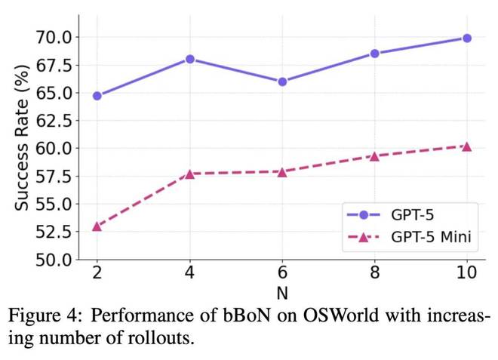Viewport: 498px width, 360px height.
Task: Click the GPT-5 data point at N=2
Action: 97,96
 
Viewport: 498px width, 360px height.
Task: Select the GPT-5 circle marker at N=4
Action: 189,59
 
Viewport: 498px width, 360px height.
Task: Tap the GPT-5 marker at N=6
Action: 282,82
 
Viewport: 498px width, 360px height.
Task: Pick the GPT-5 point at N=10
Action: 466,38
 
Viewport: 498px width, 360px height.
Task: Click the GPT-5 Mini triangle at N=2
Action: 97,226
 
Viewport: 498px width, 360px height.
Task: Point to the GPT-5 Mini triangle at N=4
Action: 189,174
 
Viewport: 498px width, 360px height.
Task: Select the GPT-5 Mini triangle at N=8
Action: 374,155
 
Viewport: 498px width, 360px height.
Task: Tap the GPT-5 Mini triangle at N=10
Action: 466,146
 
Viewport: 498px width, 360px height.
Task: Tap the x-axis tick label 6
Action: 282,272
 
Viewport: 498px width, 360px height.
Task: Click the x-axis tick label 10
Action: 466,272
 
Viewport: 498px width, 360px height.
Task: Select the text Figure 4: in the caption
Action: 39,315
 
